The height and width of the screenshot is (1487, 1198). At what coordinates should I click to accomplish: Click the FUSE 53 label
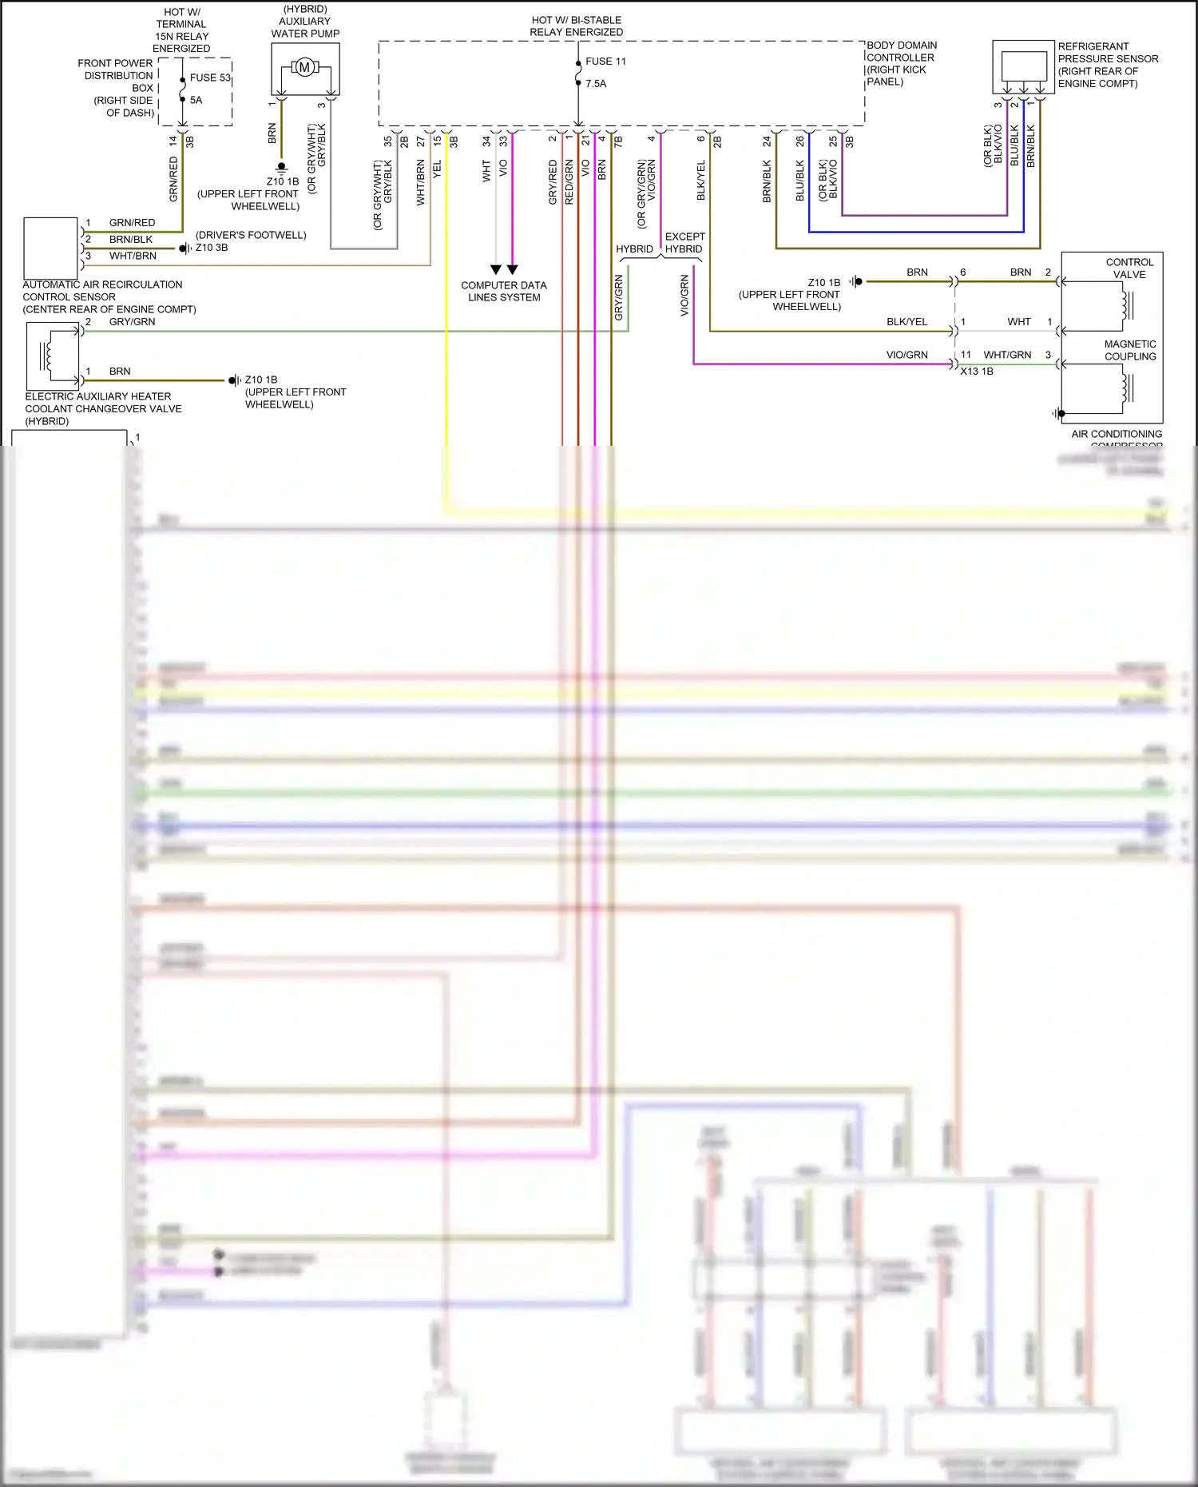pyautogui.click(x=209, y=78)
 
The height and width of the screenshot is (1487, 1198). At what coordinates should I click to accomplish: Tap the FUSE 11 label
pyautogui.click(x=605, y=62)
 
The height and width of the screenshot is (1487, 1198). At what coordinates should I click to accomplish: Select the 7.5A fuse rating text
pyautogui.click(x=596, y=83)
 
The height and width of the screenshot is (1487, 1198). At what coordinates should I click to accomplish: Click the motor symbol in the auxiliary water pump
pyautogui.click(x=304, y=67)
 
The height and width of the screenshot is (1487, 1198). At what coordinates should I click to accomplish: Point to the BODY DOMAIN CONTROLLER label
pyautogui.click(x=901, y=63)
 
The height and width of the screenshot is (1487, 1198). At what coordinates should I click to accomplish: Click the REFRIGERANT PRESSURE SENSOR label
pyautogui.click(x=1108, y=65)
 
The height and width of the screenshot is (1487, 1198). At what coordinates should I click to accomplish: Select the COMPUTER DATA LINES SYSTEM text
pyautogui.click(x=504, y=291)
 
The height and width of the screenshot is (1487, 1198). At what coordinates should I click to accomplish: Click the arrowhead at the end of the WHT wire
pyautogui.click(x=496, y=269)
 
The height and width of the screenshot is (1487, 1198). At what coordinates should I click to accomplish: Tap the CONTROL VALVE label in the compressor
pyautogui.click(x=1129, y=268)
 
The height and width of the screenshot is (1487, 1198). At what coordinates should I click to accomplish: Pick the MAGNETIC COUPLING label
pyautogui.click(x=1130, y=350)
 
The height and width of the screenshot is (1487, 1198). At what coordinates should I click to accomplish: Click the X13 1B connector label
pyautogui.click(x=977, y=372)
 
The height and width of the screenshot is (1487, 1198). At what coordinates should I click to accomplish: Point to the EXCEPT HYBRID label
pyautogui.click(x=684, y=243)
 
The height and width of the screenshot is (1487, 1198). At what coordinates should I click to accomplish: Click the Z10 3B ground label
pyautogui.click(x=212, y=248)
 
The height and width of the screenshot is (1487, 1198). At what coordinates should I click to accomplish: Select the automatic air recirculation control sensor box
pyautogui.click(x=50, y=248)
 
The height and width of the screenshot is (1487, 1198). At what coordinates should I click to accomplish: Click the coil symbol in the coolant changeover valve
pyautogui.click(x=48, y=356)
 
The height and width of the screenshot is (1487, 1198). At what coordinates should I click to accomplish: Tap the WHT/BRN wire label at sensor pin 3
pyautogui.click(x=133, y=256)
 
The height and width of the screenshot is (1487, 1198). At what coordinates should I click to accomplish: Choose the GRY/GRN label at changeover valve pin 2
pyautogui.click(x=132, y=322)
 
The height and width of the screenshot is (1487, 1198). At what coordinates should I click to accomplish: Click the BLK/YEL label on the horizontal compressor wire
pyautogui.click(x=906, y=322)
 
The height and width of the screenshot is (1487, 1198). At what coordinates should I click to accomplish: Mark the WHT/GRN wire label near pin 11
pyautogui.click(x=1007, y=355)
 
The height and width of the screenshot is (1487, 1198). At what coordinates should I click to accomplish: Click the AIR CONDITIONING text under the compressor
pyautogui.click(x=1117, y=434)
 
